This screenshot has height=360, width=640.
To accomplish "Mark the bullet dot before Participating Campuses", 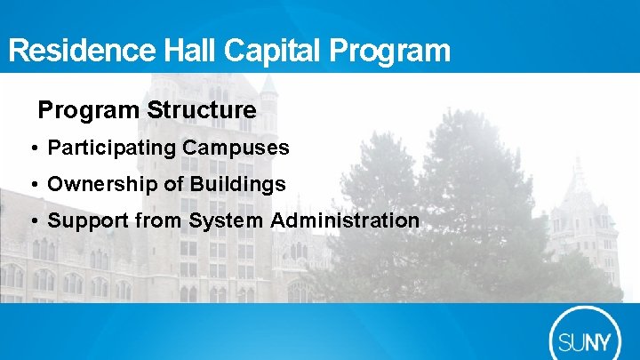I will (x=33, y=148).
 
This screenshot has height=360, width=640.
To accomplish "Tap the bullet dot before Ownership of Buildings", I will (x=33, y=185).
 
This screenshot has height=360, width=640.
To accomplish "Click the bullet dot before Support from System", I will (x=33, y=221).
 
